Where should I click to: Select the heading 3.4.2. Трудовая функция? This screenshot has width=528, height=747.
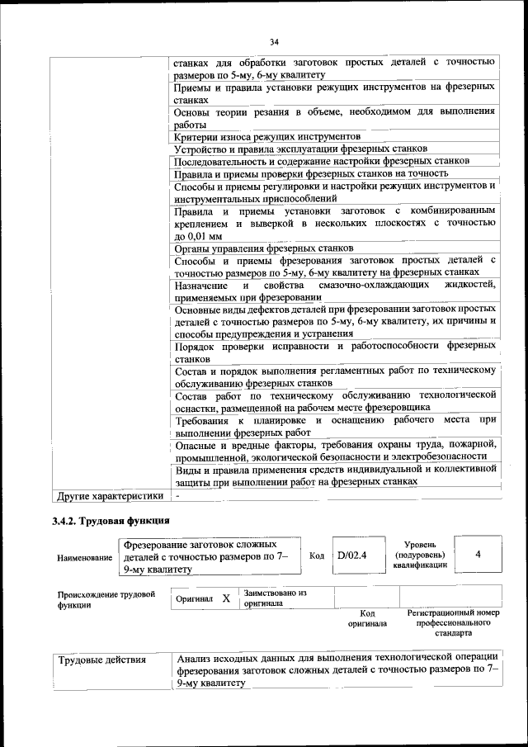(x=111, y=521)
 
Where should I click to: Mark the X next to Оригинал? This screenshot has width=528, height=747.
(x=225, y=598)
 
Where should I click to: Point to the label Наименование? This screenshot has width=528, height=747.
(x=85, y=558)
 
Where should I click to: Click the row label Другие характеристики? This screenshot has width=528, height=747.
(x=110, y=496)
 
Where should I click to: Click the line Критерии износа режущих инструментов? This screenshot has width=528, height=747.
(x=268, y=135)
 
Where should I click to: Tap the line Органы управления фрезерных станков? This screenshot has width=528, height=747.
(x=265, y=248)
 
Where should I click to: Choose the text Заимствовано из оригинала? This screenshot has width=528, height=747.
(x=275, y=598)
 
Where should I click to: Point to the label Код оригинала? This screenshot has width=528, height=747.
(x=367, y=618)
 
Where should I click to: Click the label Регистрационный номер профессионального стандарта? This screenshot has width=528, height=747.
(x=454, y=623)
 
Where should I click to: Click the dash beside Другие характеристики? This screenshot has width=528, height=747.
(x=177, y=496)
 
